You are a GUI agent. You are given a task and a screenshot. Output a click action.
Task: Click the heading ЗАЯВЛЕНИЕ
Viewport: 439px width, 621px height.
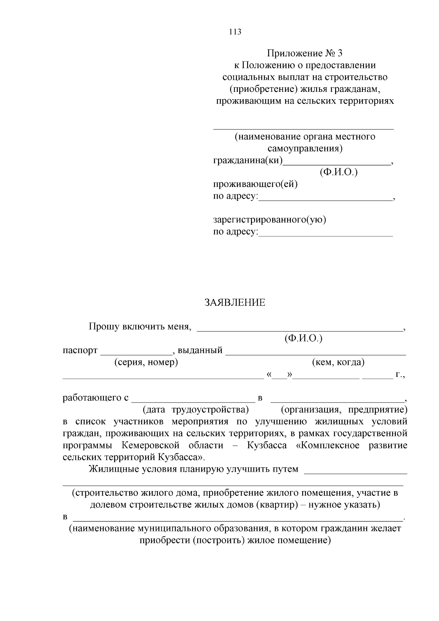(x=234, y=303)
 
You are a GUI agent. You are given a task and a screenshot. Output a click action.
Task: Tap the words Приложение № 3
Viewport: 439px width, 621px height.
(x=305, y=53)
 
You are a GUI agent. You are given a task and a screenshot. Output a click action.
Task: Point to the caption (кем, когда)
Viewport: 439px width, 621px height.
(x=338, y=362)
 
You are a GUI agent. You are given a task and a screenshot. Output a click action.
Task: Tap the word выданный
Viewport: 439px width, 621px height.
(x=200, y=351)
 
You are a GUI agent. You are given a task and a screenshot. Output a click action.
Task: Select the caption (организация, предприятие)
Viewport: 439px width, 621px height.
(x=344, y=409)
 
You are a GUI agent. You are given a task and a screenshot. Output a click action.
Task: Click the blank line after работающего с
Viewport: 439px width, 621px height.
(x=193, y=400)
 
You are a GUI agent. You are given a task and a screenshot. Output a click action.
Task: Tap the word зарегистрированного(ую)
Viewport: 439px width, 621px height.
(x=270, y=220)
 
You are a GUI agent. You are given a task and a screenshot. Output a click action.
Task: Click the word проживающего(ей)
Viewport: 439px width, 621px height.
(x=255, y=184)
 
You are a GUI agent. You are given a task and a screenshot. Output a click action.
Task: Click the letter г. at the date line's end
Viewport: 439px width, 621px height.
(x=400, y=375)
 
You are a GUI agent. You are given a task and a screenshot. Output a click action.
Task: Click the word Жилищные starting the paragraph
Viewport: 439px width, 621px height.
(x=112, y=469)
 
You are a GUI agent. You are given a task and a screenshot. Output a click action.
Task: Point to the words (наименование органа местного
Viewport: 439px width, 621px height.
(x=305, y=136)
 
